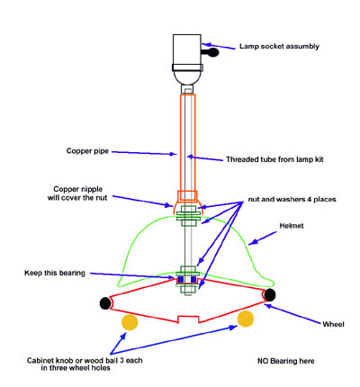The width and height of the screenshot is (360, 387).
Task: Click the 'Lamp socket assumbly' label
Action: pyautogui.click(x=279, y=47)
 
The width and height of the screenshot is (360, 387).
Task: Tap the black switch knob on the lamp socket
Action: pyautogui.click(x=212, y=53)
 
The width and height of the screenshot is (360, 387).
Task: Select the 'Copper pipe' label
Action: pyautogui.click(x=87, y=151)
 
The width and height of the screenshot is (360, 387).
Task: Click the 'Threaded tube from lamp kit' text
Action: pyautogui.click(x=274, y=159)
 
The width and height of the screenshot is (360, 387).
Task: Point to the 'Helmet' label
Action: pyautogui.click(x=292, y=226)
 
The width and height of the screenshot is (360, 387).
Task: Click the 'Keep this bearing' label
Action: pyautogui.click(x=55, y=273)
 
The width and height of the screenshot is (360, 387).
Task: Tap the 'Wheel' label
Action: pyautogui.click(x=333, y=324)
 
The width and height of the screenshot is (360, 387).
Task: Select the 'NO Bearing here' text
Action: pyautogui.click(x=286, y=361)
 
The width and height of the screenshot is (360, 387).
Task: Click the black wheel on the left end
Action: pyautogui.click(x=105, y=303)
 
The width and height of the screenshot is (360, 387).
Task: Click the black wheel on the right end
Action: pyautogui.click(x=270, y=295)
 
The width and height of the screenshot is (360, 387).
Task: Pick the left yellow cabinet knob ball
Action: pyautogui.click(x=130, y=322)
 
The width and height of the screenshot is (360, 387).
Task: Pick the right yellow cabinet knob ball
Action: pyautogui.click(x=246, y=319)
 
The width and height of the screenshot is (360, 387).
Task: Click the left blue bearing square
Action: pyautogui.click(x=181, y=280)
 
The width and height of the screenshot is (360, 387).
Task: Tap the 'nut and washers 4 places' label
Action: pyautogui.click(x=292, y=199)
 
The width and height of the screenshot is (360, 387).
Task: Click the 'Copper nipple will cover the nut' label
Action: pyautogui.click(x=77, y=193)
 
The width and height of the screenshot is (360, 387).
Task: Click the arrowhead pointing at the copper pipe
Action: pyautogui.click(x=174, y=154)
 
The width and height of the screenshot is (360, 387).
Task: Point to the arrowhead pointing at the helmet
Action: pyautogui.click(x=252, y=242)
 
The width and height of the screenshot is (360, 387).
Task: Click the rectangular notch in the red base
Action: pyautogui.click(x=188, y=319)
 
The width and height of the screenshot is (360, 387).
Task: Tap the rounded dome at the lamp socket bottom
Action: pyautogui.click(x=187, y=77)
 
